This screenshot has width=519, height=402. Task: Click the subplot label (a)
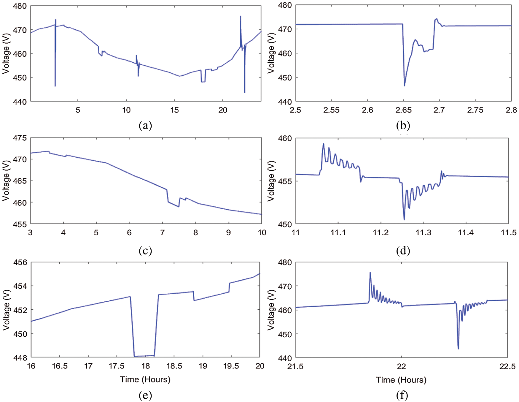click(145, 126)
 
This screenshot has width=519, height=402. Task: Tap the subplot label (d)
click(403, 251)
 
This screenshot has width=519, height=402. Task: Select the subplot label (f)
click(402, 395)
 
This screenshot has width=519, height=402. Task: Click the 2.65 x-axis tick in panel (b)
click(403, 110)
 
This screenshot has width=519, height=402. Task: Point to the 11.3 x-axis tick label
click(423, 232)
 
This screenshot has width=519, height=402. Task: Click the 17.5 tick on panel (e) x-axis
click(117, 366)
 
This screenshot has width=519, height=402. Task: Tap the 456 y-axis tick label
click(20, 262)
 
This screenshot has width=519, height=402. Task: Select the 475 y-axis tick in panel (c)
click(20, 138)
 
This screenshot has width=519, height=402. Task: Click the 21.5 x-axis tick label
click(295, 366)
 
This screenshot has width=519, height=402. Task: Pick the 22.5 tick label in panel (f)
click(507, 366)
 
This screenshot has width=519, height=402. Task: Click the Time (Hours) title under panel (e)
click(145, 379)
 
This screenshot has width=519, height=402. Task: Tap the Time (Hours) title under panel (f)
click(401, 380)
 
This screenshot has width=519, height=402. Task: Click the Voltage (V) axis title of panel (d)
click(271, 181)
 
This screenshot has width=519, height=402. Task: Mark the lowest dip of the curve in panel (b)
click(405, 86)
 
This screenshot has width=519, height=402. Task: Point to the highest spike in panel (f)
click(370, 273)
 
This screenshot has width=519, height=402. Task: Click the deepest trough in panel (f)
click(458, 349)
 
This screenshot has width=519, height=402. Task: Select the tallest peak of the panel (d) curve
click(324, 144)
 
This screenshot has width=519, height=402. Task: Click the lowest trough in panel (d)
click(404, 220)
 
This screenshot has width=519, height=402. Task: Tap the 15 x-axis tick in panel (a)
click(174, 110)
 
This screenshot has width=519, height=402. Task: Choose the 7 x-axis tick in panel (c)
click(163, 232)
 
